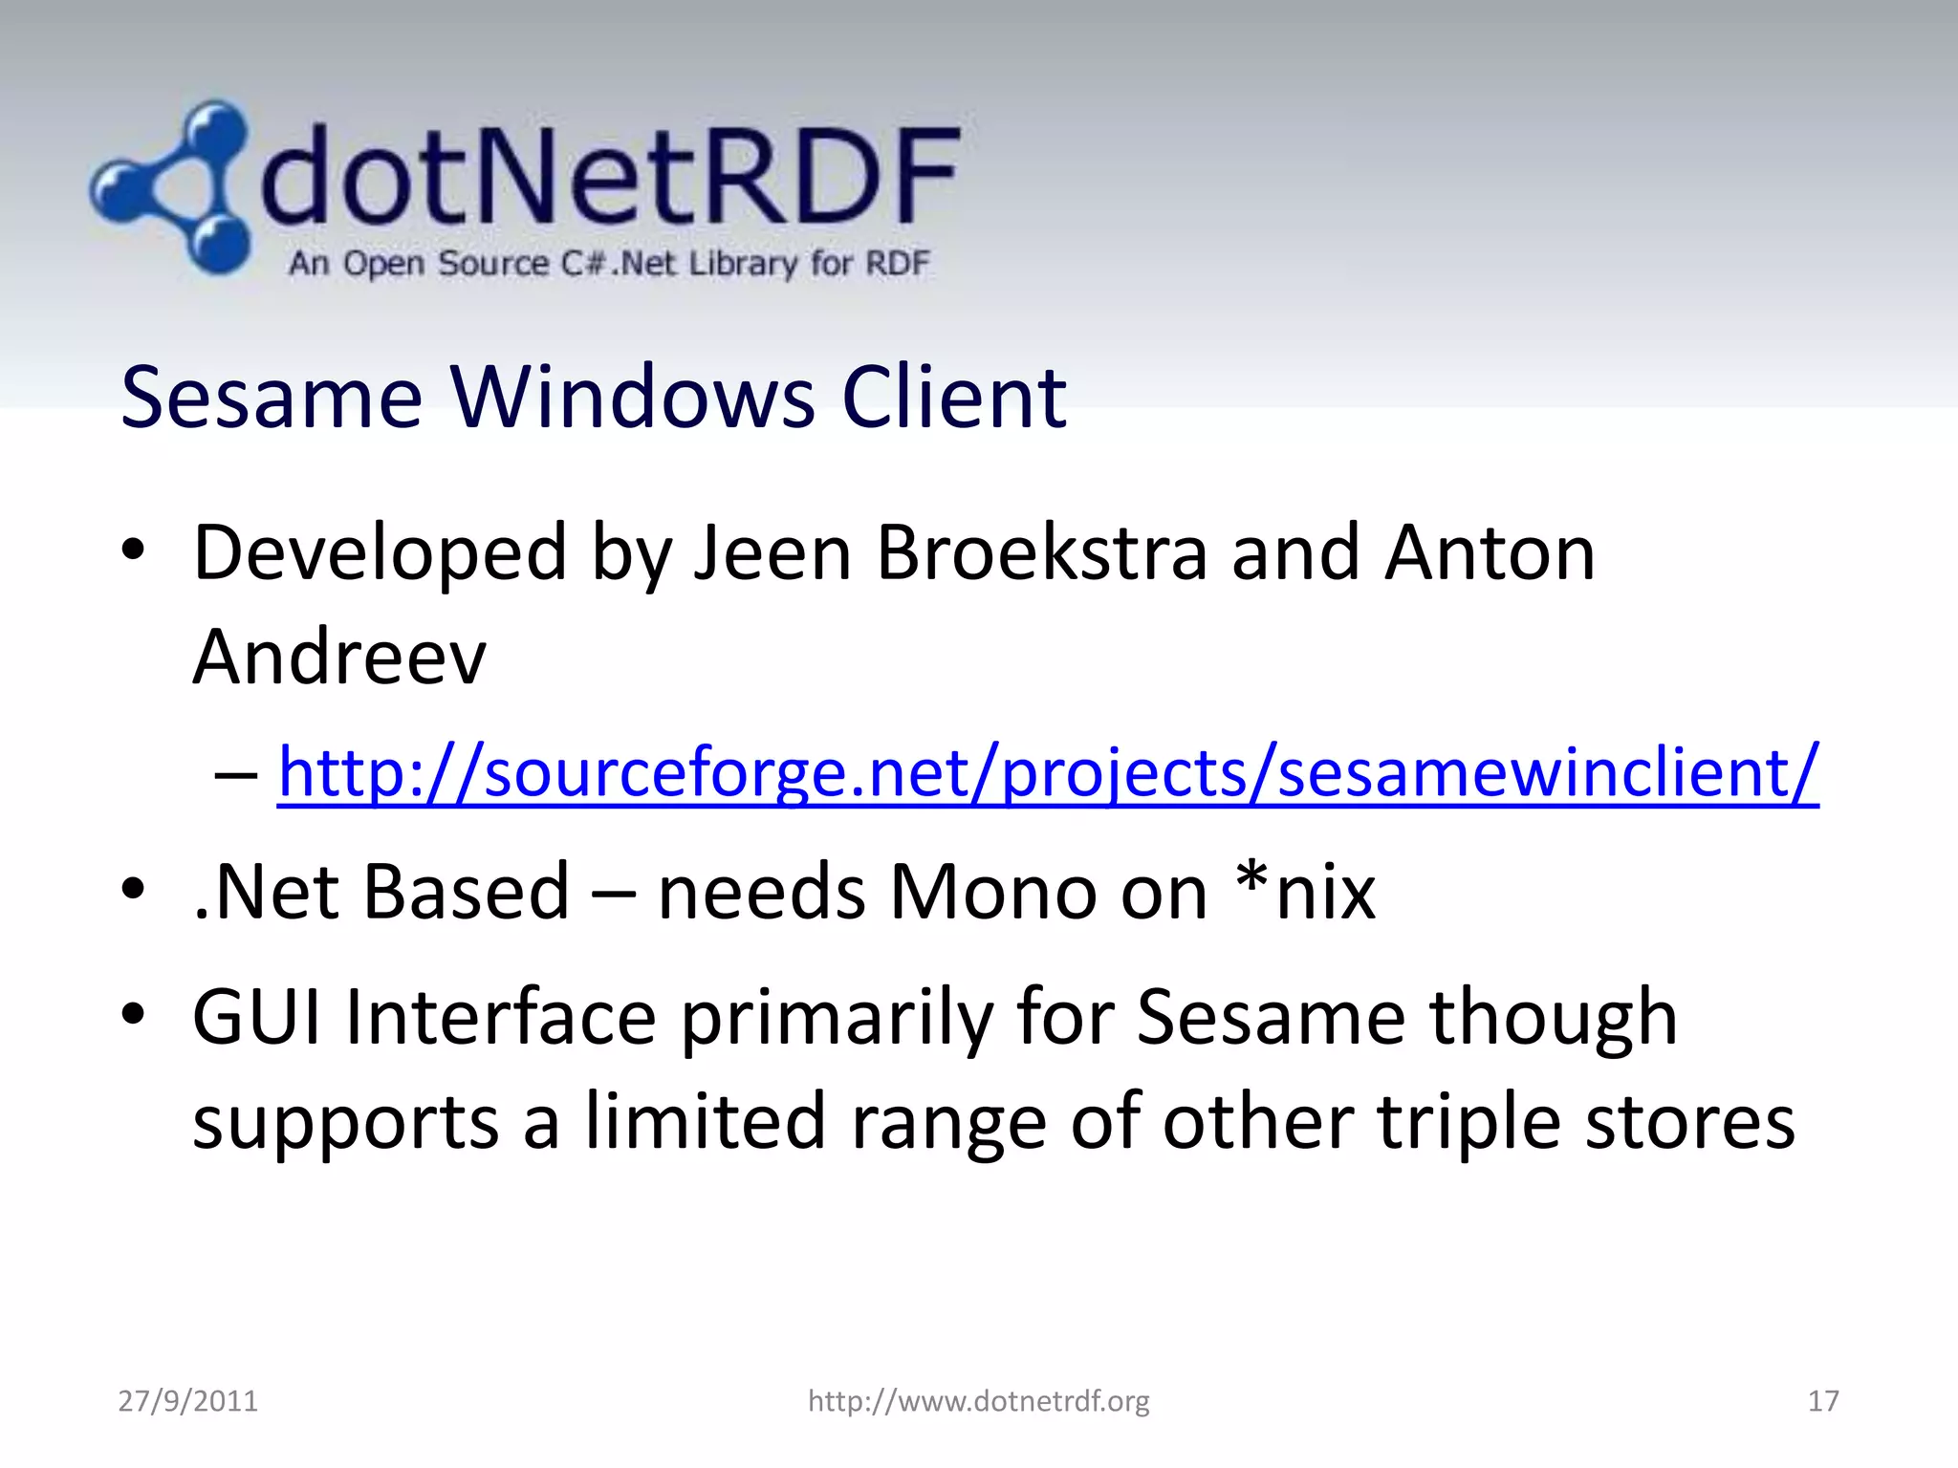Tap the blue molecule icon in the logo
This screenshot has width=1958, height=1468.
coord(172,187)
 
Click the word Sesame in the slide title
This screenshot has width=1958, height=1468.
coord(272,398)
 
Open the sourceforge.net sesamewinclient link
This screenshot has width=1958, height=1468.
coord(1048,772)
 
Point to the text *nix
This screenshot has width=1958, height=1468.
coord(1304,892)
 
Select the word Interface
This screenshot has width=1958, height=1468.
coord(501,1017)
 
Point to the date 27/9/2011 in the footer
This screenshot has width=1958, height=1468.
coord(188,1401)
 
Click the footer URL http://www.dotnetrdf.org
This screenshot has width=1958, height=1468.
coord(979,1401)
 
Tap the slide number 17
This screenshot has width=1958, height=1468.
coord(1823,1401)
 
